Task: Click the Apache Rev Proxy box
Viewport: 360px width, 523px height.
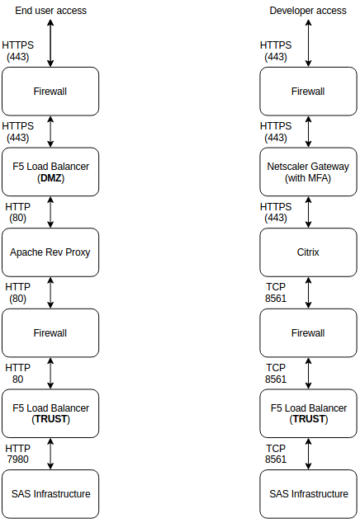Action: click(x=50, y=252)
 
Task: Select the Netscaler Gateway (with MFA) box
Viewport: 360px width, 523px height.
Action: click(x=308, y=172)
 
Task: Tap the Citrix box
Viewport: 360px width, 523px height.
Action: click(x=308, y=252)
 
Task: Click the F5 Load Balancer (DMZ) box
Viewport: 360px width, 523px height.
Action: click(x=50, y=172)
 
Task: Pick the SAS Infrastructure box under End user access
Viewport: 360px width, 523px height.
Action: click(x=50, y=493)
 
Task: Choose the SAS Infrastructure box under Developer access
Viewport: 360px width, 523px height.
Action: click(x=308, y=493)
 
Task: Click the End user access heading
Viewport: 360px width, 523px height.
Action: click(x=50, y=11)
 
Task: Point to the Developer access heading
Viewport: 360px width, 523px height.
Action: click(x=308, y=11)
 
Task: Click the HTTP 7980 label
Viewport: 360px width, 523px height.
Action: click(x=18, y=453)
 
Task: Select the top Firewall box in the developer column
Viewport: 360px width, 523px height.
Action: click(x=308, y=91)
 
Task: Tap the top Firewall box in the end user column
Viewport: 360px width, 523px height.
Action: click(x=50, y=91)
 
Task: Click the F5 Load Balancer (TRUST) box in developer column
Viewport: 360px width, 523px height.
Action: click(x=308, y=413)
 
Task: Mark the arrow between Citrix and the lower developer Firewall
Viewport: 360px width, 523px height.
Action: click(x=309, y=292)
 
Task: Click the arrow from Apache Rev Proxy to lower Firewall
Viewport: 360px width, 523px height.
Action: click(x=51, y=292)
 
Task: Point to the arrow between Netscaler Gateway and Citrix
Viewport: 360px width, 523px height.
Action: click(x=309, y=212)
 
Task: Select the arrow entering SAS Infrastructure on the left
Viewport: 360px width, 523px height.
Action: click(x=51, y=453)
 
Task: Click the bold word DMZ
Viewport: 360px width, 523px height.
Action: click(x=51, y=178)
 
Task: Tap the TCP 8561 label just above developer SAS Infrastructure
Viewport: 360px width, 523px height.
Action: click(x=276, y=453)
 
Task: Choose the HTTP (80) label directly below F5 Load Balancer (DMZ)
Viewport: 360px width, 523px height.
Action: click(x=18, y=212)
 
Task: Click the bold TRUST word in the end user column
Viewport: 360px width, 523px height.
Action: click(x=51, y=419)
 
